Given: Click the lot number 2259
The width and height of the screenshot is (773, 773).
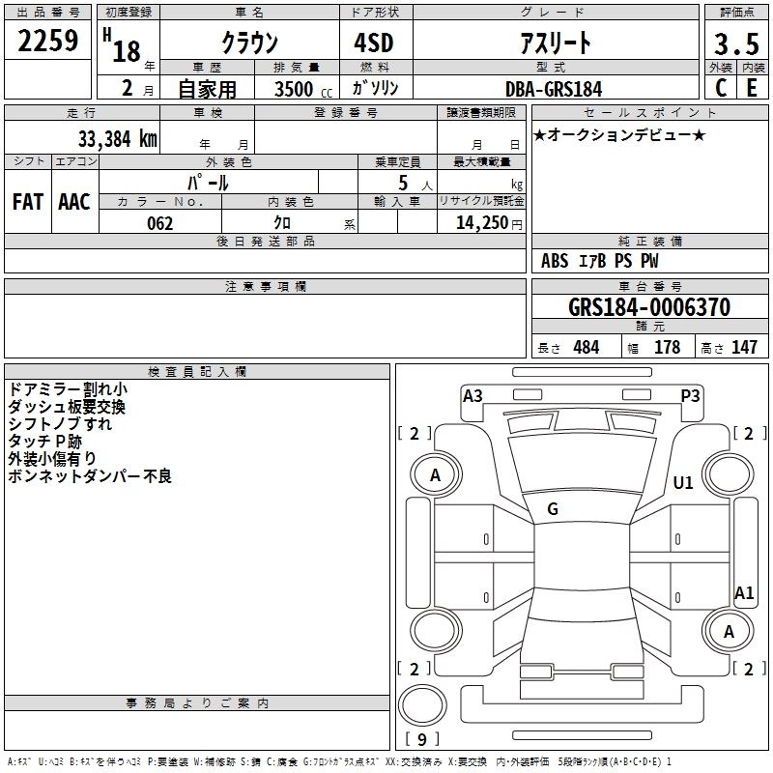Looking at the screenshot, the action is [48, 42].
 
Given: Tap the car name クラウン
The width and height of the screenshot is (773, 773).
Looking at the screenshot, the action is [250, 43].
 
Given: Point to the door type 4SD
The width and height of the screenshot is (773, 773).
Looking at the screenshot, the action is [372, 43].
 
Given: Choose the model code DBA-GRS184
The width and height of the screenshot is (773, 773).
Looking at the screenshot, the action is [554, 89].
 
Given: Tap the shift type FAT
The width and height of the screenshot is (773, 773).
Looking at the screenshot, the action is [27, 202].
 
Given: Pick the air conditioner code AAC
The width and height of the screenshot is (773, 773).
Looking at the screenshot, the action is [74, 202].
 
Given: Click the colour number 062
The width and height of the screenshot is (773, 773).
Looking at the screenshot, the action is [159, 223].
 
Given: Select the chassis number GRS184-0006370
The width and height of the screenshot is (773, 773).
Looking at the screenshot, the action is [649, 307].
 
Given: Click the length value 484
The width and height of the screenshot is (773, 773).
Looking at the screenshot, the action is [586, 347].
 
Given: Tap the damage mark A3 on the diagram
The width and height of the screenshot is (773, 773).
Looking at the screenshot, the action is [472, 395].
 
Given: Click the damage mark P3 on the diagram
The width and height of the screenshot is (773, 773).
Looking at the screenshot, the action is [690, 395].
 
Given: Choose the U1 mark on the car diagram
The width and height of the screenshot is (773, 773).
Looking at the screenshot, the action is [683, 483].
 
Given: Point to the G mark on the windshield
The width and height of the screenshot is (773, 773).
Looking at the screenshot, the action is [553, 509].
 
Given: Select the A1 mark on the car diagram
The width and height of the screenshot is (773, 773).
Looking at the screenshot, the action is [744, 593].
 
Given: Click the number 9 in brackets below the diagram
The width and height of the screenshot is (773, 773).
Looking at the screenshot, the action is [421, 740].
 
